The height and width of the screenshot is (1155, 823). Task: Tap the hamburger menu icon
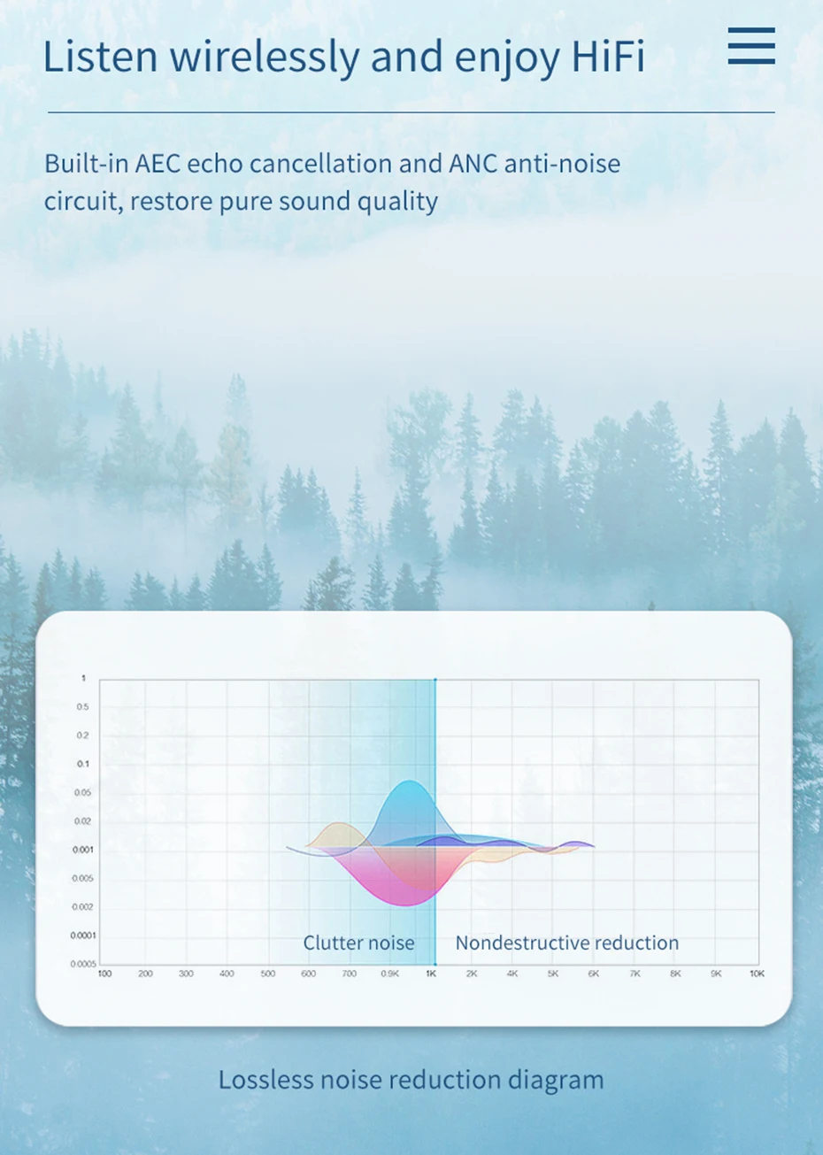coord(751,46)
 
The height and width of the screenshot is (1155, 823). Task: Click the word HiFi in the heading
coord(608,56)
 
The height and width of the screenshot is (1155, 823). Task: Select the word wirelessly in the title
coord(264,58)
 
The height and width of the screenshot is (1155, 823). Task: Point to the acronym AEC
coord(158,164)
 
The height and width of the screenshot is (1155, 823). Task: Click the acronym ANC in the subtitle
coord(473,164)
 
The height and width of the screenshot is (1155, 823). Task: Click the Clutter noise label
coord(358,943)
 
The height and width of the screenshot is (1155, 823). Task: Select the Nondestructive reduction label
coord(566,943)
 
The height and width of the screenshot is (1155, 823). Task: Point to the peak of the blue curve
coord(410,781)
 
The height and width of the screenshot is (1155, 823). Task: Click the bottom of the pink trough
coord(405,905)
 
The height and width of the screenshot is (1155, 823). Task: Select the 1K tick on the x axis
coord(431,974)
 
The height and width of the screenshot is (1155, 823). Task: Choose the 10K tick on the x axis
coord(757,974)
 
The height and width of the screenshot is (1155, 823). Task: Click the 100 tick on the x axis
coord(104,974)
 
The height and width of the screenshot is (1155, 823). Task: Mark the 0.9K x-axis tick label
coord(390,974)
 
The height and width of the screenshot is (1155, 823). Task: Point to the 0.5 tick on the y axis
coord(82,707)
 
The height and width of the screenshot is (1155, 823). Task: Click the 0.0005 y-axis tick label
coord(83,964)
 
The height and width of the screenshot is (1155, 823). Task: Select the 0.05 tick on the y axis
coord(82,792)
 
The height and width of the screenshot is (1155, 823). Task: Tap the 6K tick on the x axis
coord(594,974)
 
